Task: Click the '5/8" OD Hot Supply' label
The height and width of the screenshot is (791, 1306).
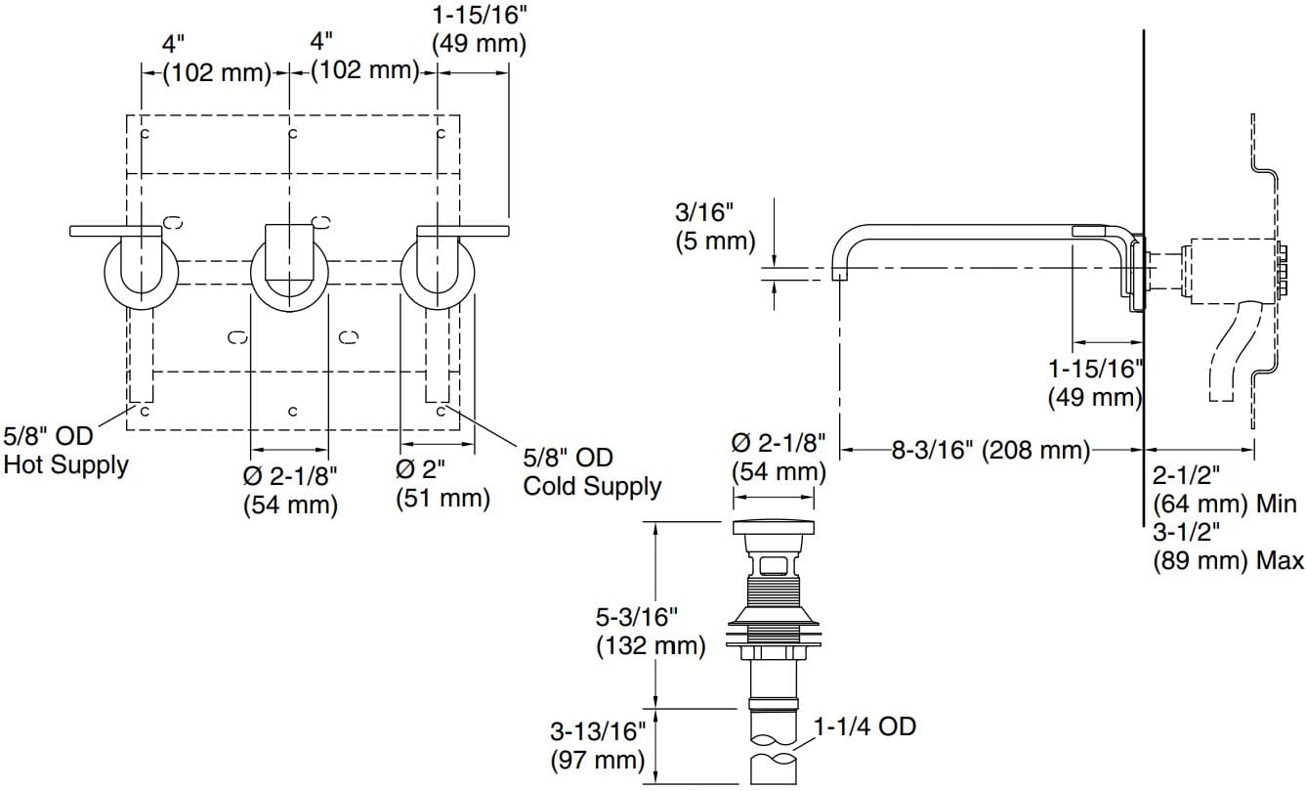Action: (x=64, y=451)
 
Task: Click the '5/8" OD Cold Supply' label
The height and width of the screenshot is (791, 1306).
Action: (x=591, y=471)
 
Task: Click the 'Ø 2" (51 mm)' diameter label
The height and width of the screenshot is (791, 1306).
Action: (x=442, y=483)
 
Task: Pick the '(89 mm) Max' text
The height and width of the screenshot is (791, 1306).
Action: (x=1228, y=561)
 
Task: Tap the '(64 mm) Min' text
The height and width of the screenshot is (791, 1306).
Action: (x=1224, y=505)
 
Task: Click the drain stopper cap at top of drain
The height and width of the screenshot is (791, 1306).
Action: (x=773, y=529)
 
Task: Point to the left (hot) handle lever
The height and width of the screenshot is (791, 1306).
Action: (x=115, y=231)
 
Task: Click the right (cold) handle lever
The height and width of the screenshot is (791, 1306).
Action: (x=463, y=231)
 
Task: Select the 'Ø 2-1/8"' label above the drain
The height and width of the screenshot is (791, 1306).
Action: (x=779, y=458)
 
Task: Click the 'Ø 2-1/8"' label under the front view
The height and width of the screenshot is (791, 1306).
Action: (x=290, y=490)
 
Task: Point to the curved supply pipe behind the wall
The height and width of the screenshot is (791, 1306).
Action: (x=1233, y=352)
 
